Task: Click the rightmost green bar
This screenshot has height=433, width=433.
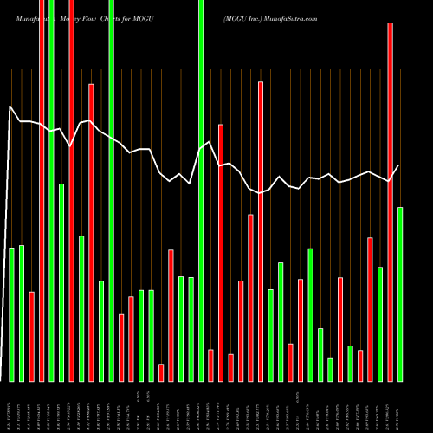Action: [x=400, y=294]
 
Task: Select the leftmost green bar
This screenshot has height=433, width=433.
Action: [x=11, y=313]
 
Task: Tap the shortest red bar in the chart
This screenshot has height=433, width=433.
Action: [x=161, y=372]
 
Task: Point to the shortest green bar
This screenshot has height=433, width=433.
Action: [x=330, y=369]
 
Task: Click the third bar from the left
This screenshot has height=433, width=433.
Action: [x=31, y=336]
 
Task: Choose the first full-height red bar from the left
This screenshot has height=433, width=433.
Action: [x=42, y=191]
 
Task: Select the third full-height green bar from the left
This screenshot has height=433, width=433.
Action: [x=111, y=191]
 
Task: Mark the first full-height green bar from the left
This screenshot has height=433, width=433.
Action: [x=51, y=191]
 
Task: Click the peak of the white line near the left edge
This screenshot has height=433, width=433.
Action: [x=10, y=107]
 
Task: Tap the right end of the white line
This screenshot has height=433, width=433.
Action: [x=399, y=165]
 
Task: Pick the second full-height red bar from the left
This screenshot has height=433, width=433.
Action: [x=71, y=191]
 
